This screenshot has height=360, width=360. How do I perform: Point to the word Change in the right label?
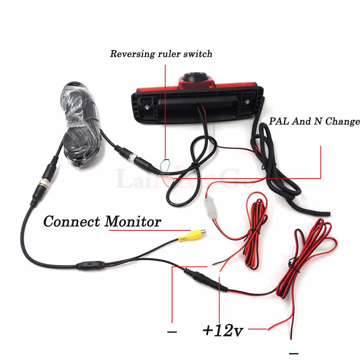point(342,121)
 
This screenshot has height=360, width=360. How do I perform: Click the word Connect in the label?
point(72,221)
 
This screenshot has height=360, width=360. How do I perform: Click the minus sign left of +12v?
point(172,332)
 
